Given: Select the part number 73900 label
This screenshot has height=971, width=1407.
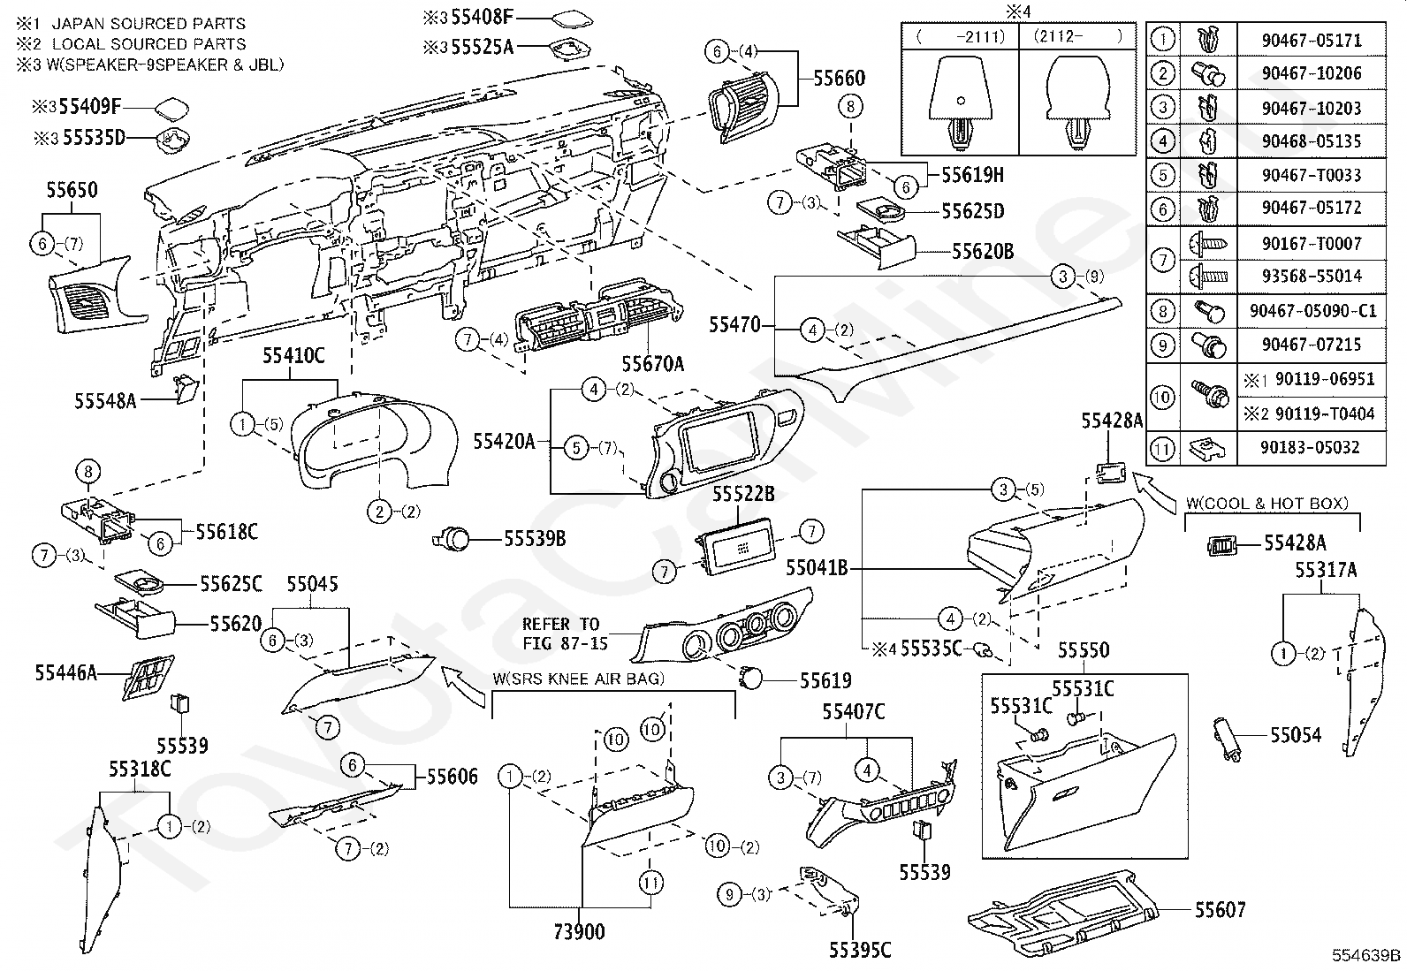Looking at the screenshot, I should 579,931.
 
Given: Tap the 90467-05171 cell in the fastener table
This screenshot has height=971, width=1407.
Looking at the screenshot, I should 1311,41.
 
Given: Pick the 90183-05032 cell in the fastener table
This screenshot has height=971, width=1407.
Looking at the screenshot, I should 1311,448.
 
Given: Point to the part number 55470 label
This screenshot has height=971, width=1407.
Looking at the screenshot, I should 734,325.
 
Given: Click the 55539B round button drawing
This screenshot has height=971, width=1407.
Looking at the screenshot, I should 456,537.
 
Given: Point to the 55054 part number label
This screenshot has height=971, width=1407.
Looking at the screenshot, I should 1296,734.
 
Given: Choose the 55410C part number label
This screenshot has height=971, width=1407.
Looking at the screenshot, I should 293,356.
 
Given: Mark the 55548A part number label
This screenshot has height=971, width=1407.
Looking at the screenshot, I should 105,400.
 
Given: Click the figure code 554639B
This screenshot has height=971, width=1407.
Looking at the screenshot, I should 1367,955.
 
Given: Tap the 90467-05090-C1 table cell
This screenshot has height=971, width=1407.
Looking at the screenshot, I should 1311,311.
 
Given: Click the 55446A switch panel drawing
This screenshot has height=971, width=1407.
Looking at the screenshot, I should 147,677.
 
